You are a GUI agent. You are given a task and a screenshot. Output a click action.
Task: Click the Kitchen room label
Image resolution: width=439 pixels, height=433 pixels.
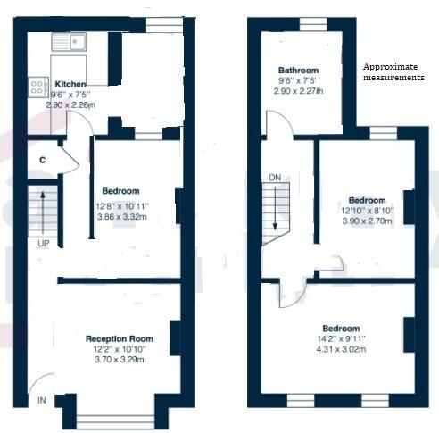tap(69, 83)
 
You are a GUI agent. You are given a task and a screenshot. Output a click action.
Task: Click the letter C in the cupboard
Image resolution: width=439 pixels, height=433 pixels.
tap(42, 160)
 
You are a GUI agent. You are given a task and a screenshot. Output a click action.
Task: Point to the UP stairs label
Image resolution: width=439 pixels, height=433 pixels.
tap(43, 243)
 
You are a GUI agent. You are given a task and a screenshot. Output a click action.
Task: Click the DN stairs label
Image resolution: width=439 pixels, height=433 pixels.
tap(275, 178)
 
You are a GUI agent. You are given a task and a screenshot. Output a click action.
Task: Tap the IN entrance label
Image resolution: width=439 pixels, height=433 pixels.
tap(41, 401)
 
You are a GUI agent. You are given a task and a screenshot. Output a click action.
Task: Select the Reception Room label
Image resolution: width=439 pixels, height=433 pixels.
tap(119, 338)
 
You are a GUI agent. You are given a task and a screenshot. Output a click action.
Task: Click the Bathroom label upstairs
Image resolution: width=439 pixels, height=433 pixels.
tap(298, 70)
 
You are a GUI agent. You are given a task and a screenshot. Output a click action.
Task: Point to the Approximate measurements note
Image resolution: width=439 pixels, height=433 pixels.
tap(393, 72)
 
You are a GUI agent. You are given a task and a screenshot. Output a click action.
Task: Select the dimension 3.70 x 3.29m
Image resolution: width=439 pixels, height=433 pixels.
tap(120, 361)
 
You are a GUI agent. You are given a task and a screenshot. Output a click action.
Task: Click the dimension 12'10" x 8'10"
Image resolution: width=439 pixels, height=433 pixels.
tap(368, 211)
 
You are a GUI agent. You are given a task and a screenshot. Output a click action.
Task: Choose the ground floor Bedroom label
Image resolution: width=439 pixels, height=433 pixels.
tap(120, 191)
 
